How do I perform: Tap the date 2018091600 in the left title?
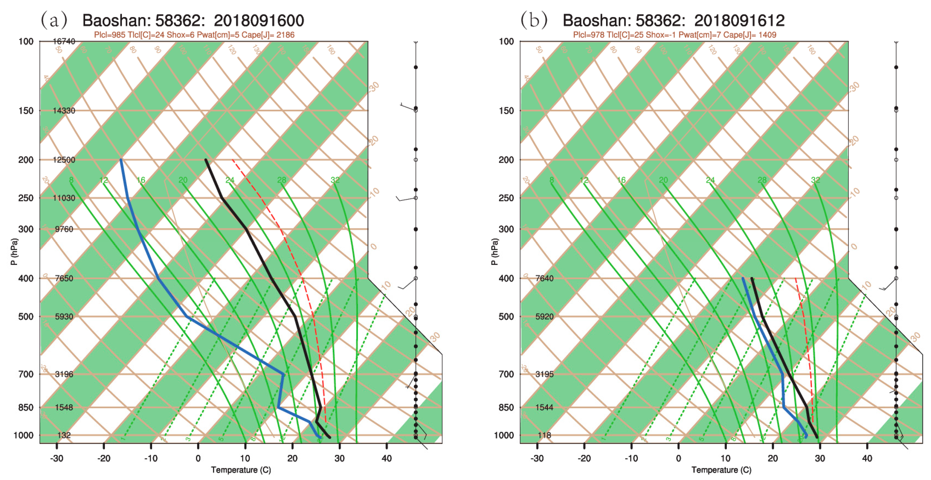(259, 21)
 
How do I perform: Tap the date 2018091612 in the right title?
(739, 21)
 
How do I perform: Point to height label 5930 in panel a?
(64, 317)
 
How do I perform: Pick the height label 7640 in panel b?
(544, 278)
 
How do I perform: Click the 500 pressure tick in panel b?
(506, 317)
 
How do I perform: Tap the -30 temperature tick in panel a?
(56, 458)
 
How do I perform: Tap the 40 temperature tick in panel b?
(867, 458)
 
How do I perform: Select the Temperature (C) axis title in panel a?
(241, 470)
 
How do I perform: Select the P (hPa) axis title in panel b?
(494, 252)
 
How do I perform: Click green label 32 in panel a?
(335, 180)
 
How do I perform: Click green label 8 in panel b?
(552, 180)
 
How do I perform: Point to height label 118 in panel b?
(544, 435)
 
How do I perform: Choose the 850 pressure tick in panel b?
(506, 407)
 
